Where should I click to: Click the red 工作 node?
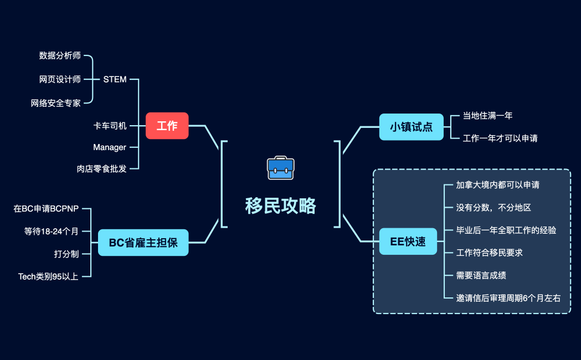coord(167,126)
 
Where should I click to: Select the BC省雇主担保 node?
coord(143,243)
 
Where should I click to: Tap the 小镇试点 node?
coord(411,127)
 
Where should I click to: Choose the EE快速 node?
coord(408,242)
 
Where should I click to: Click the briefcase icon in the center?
coord(281,168)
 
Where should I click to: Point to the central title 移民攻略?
coord(281,206)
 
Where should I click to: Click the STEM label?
coord(115,79)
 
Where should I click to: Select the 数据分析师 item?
coord(60,55)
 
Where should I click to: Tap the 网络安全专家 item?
coord(56,103)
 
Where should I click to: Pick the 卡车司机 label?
coord(110,126)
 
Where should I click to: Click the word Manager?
coord(110,147)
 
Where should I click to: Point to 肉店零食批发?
coord(101,168)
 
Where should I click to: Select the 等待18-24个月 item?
coord(52,232)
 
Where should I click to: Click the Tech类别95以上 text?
coord(48,276)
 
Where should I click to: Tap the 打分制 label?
coord(66,254)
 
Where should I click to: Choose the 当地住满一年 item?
coord(487,116)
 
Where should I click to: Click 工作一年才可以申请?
coord(500,138)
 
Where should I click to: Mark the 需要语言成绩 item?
coord(481,275)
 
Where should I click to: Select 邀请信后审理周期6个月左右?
coord(508,298)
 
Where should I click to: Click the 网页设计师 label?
coord(60,79)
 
